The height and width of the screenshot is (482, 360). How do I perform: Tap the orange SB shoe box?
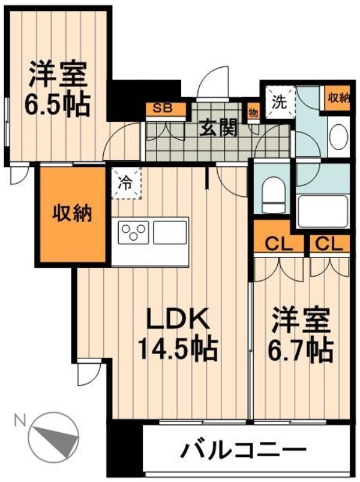[x=161, y=109]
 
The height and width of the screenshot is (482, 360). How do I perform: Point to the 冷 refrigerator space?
[x=125, y=182]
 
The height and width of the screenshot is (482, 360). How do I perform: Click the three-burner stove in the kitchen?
[x=134, y=232]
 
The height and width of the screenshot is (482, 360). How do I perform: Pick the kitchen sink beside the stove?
[x=170, y=232]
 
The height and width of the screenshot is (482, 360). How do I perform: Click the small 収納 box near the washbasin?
[x=338, y=97]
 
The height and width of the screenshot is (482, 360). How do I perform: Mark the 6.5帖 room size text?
[x=58, y=105]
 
